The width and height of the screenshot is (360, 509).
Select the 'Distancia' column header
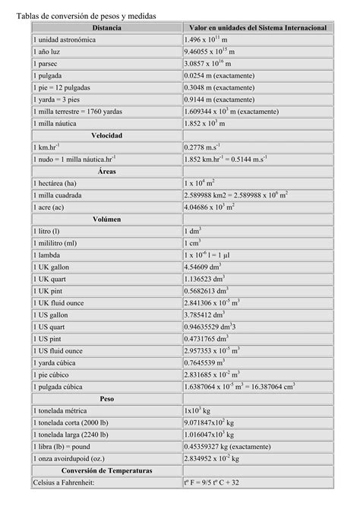pyautogui.click(x=106, y=27)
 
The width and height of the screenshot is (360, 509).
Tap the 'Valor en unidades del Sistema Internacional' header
pyautogui.click(x=258, y=27)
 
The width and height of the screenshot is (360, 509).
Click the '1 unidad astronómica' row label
pyautogui.click(x=65, y=40)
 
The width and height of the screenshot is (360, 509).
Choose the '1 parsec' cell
pyautogui.click(x=47, y=65)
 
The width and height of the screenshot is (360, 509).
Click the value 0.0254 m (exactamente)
pyautogui.click(x=219, y=77)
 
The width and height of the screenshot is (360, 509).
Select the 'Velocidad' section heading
pyautogui.click(x=106, y=135)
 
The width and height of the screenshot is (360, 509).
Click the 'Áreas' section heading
pyautogui.click(x=106, y=172)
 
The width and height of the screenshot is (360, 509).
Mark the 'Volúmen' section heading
pyautogui.click(x=106, y=220)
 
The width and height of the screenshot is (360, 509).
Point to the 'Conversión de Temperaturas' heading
pyautogui.click(x=106, y=470)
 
